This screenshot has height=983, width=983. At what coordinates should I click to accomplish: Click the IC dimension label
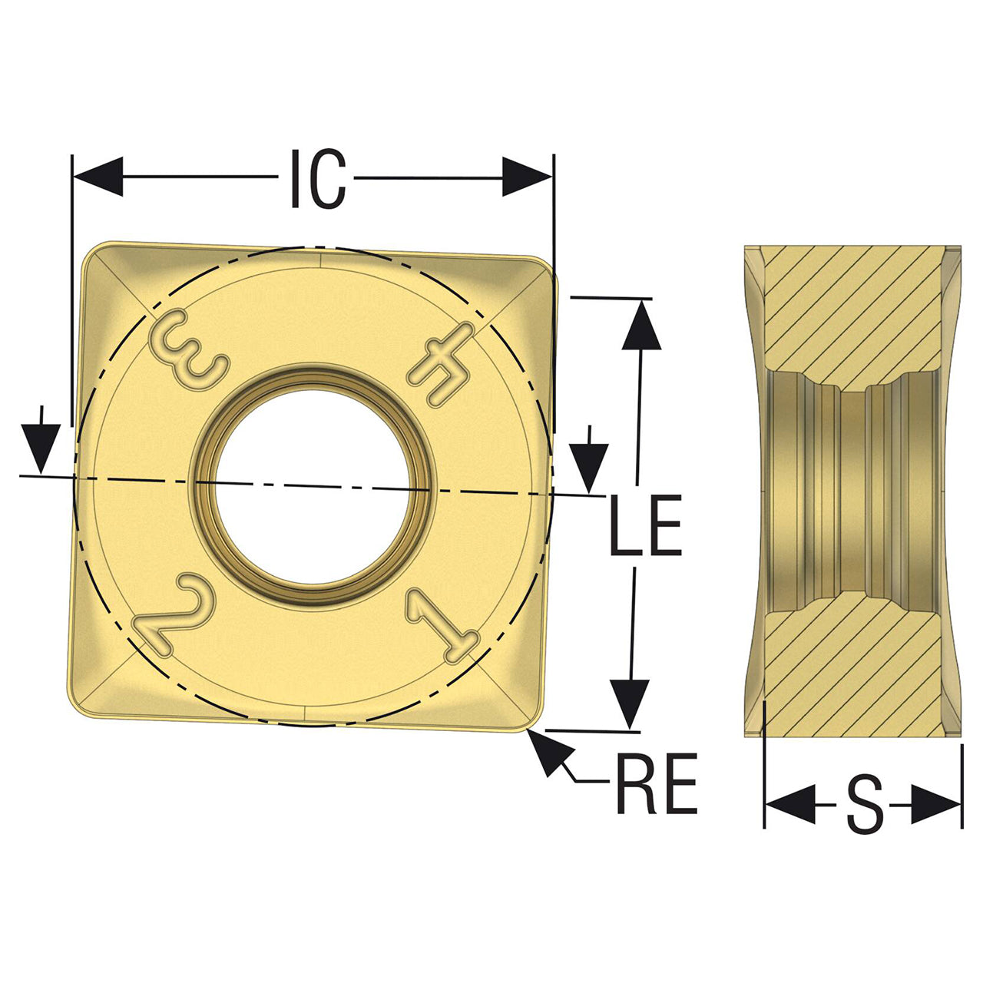(x=317, y=178)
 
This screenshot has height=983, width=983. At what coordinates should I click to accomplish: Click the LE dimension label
(x=645, y=525)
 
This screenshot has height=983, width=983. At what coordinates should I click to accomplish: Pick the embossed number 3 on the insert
(x=187, y=350)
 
